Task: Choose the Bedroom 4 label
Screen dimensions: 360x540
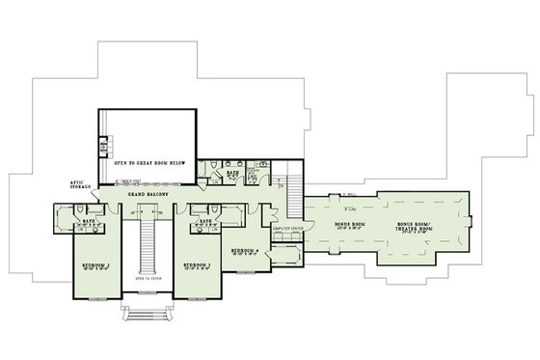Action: coord(245,250)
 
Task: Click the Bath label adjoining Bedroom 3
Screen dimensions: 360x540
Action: coord(204,219)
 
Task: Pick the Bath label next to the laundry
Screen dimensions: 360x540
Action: coord(231,174)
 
